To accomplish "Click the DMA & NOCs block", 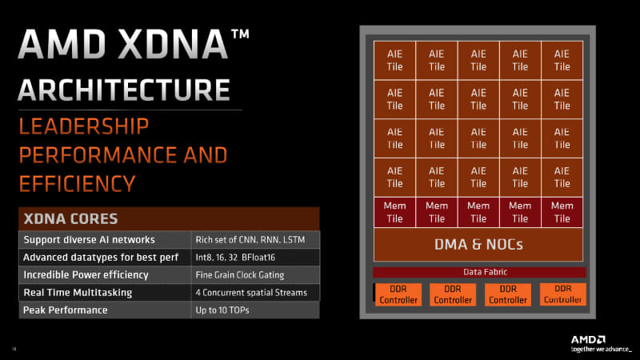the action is click(x=478, y=245).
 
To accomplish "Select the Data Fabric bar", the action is click(x=479, y=272).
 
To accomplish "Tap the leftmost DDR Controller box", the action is click(x=398, y=294).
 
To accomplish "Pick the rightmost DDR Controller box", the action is click(x=563, y=294).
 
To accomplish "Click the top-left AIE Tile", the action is click(x=394, y=61).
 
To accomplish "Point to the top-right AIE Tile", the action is click(x=562, y=61).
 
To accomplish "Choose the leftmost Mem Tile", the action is click(x=394, y=212).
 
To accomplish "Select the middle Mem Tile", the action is click(x=478, y=212).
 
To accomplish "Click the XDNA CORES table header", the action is click(x=169, y=218).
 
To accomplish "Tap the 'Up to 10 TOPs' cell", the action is click(x=255, y=310).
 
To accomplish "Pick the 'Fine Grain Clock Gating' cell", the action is click(x=255, y=275).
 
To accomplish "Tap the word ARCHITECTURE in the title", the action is click(x=124, y=90).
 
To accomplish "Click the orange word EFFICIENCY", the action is click(x=77, y=184).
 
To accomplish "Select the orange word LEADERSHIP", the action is click(x=84, y=126).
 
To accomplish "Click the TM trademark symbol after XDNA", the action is click(x=241, y=34).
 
